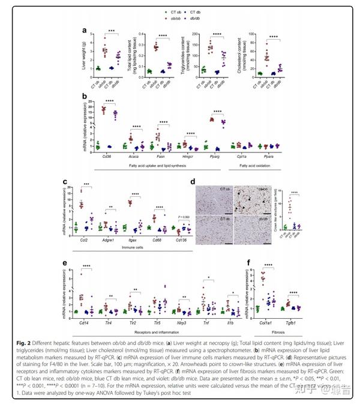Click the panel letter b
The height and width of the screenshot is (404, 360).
(88, 95)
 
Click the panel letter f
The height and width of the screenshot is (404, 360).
(248, 262)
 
